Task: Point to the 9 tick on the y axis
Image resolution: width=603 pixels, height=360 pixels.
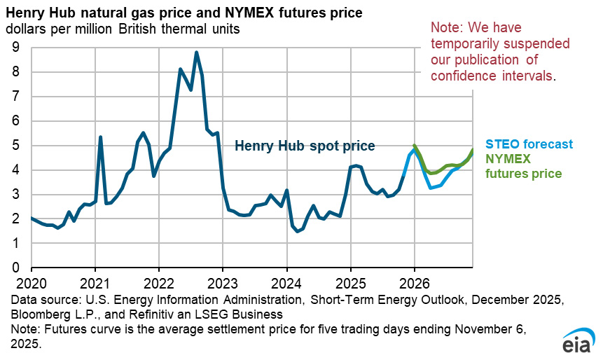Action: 15,48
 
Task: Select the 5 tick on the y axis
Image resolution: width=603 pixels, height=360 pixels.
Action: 15,146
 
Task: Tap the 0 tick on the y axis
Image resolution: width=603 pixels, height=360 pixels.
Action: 15,268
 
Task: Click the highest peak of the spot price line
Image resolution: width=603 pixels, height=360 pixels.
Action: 197,53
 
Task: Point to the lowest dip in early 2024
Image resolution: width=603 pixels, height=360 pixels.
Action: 297,231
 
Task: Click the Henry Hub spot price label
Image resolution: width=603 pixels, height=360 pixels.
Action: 304,146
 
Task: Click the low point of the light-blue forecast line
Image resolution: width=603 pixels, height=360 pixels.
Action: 431,188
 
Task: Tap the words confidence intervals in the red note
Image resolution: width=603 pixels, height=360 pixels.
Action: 493,74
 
